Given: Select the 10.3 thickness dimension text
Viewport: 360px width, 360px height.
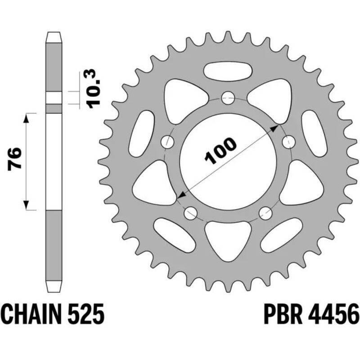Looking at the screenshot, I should pyautogui.click(x=93, y=88).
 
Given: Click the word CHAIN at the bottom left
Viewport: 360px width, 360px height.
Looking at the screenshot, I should pyautogui.click(x=35, y=313).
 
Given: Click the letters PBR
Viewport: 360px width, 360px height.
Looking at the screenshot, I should pyautogui.click(x=283, y=313).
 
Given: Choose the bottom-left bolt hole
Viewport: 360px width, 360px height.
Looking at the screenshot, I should pyautogui.click(x=191, y=212).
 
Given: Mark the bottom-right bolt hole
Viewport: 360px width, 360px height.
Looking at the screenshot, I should pyautogui.click(x=265, y=212).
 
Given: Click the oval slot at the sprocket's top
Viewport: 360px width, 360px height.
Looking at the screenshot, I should pyautogui.click(x=228, y=70).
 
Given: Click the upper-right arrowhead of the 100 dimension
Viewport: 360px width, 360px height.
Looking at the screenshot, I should pyautogui.click(x=274, y=128).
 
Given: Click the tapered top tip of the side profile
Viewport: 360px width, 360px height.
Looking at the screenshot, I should pyautogui.click(x=53, y=35).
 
